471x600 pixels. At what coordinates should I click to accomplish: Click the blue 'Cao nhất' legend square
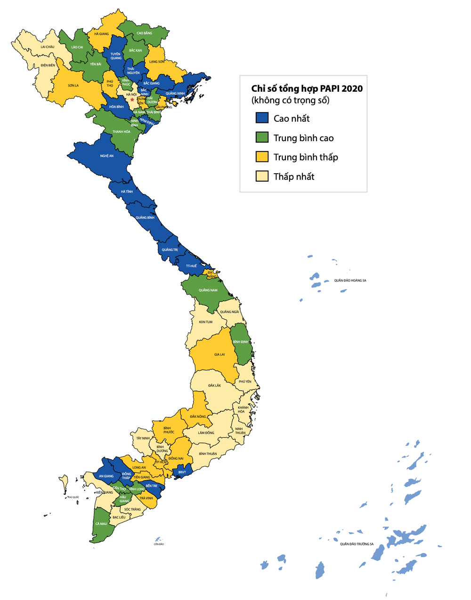pyautogui.click(x=262, y=118)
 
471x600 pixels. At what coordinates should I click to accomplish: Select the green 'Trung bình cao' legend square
pyautogui.click(x=262, y=137)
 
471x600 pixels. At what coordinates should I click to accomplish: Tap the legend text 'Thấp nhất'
pyautogui.click(x=293, y=176)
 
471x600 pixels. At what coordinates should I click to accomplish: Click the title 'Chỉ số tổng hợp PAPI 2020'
pyautogui.click(x=307, y=88)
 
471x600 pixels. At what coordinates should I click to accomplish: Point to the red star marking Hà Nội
pyautogui.click(x=132, y=99)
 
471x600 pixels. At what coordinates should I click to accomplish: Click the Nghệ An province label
pyautogui.click(x=107, y=156)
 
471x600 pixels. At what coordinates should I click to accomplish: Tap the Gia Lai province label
pyautogui.click(x=219, y=354)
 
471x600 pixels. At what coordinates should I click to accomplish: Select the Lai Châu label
pyautogui.click(x=48, y=47)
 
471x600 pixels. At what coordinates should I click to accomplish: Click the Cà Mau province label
pyautogui.click(x=101, y=523)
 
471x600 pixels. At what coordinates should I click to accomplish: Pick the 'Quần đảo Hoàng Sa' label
pyautogui.click(x=350, y=280)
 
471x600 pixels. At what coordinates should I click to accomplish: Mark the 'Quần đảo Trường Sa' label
pyautogui.click(x=357, y=544)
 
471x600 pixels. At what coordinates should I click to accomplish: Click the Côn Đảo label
pyautogui.click(x=158, y=544)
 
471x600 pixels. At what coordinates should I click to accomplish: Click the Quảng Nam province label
pyautogui.click(x=208, y=290)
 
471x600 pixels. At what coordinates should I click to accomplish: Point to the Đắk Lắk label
pyautogui.click(x=214, y=385)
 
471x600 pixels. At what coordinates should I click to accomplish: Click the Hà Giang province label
pyautogui.click(x=101, y=34)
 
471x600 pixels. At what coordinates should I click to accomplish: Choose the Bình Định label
pyautogui.click(x=241, y=342)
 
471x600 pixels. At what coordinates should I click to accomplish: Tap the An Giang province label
pyautogui.click(x=106, y=476)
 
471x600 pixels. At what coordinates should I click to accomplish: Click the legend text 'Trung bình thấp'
pyautogui.click(x=306, y=157)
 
